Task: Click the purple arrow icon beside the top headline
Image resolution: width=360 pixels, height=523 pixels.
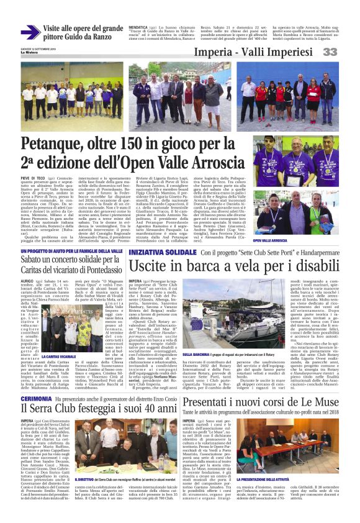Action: tap(30, 32)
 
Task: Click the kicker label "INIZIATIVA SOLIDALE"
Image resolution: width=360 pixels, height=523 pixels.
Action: tap(162, 253)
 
